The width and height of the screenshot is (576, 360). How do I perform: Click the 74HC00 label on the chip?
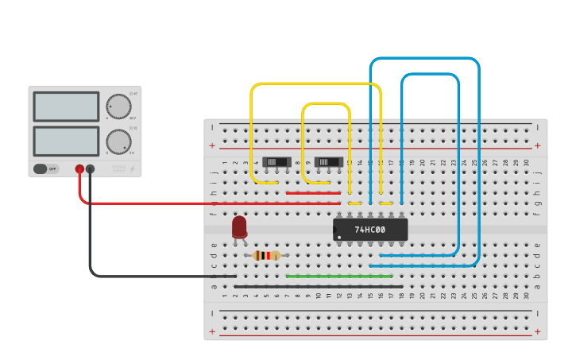tap(369, 230)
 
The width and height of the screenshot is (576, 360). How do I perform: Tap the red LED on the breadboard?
tap(239, 226)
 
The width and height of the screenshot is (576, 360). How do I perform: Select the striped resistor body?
tap(267, 255)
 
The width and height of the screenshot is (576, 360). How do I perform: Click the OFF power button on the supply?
tap(46, 168)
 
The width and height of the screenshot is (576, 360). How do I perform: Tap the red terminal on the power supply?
tap(79, 168)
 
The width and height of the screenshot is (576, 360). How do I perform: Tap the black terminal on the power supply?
tap(90, 168)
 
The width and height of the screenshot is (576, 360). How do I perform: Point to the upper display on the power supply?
tap(66, 106)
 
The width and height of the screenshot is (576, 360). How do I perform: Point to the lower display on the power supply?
tap(66, 141)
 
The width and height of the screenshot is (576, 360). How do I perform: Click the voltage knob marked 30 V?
tap(118, 106)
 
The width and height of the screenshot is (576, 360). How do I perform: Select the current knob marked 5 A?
tap(118, 141)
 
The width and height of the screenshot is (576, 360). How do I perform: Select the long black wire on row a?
tap(318, 286)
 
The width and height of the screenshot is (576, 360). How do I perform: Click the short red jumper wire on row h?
tap(313, 192)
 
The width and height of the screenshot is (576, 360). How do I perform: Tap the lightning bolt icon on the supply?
tap(132, 168)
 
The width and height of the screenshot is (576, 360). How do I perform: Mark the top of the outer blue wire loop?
tap(425, 59)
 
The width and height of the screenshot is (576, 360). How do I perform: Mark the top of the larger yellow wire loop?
tap(316, 83)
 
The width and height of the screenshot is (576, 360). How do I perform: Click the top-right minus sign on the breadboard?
tap(538, 127)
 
